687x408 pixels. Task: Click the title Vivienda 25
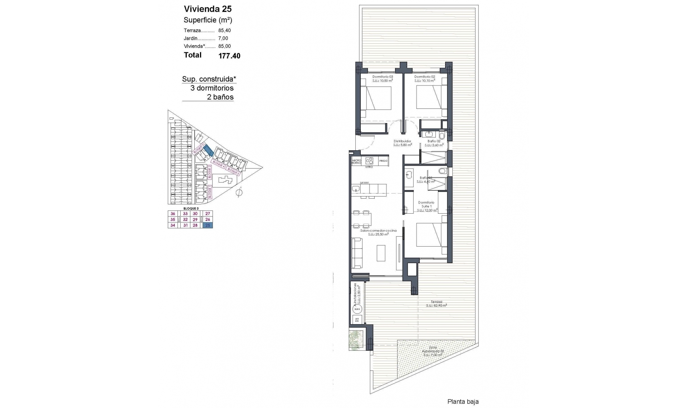[x=208, y=9]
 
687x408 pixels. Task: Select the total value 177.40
[x=229, y=56]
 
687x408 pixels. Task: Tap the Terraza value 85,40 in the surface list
[x=224, y=31]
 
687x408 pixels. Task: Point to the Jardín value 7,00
[x=223, y=39]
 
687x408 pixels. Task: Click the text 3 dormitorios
[x=212, y=88]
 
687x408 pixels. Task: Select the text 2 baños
[x=220, y=97]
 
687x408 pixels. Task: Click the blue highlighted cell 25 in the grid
[x=208, y=225]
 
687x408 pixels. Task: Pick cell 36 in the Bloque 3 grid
[x=173, y=214]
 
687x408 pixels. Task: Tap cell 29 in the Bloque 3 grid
[x=195, y=219]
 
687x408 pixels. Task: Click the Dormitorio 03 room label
[x=383, y=77]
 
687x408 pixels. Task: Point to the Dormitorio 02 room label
[x=424, y=77]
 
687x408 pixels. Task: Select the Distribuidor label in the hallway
[x=402, y=141]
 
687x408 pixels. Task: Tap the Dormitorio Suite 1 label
[x=426, y=204]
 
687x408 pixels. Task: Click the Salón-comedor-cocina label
[x=378, y=230]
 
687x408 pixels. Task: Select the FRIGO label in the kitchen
[x=383, y=161]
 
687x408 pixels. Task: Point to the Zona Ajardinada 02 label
[x=433, y=349]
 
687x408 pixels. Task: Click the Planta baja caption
[x=463, y=402]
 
